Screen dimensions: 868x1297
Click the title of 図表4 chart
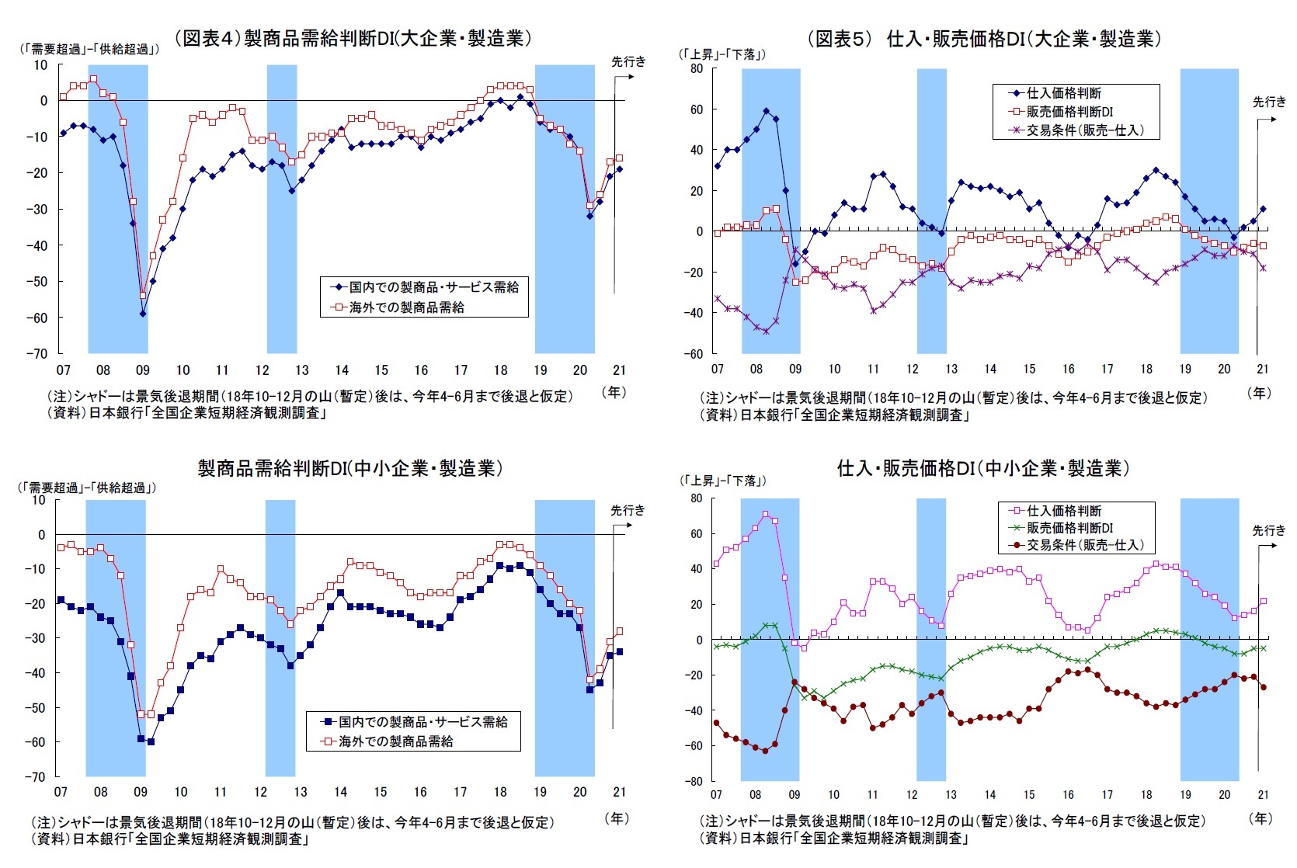pyautogui.click(x=353, y=38)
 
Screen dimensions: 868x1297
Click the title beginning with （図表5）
pyautogui.click(x=984, y=39)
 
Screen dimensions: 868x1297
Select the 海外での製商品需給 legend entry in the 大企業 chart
pyautogui.click(x=406, y=307)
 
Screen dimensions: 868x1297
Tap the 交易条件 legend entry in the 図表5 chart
pyautogui.click(x=1084, y=130)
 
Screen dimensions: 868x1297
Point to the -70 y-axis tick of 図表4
pyautogui.click(x=39, y=354)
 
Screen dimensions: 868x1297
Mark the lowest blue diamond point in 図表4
pyautogui.click(x=143, y=314)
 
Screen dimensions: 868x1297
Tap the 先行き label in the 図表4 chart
pyautogui.click(x=628, y=61)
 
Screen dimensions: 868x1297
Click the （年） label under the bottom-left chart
pyautogui.click(x=615, y=818)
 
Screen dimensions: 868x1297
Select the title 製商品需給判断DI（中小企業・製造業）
pyautogui.click(x=350, y=468)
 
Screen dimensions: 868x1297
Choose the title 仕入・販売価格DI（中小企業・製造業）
pyautogui.click(x=982, y=468)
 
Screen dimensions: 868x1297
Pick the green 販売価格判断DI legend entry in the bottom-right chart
pyautogui.click(x=1069, y=528)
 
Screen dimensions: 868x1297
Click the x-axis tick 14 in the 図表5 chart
pyautogui.click(x=990, y=369)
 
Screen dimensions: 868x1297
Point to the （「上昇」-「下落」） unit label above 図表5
pyautogui.click(x=722, y=54)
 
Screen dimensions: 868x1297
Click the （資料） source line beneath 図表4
pyautogui.click(x=186, y=413)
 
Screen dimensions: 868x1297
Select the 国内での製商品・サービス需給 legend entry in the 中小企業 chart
pyautogui.click(x=422, y=722)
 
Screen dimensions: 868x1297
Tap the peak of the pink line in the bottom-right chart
pyautogui.click(x=765, y=514)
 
